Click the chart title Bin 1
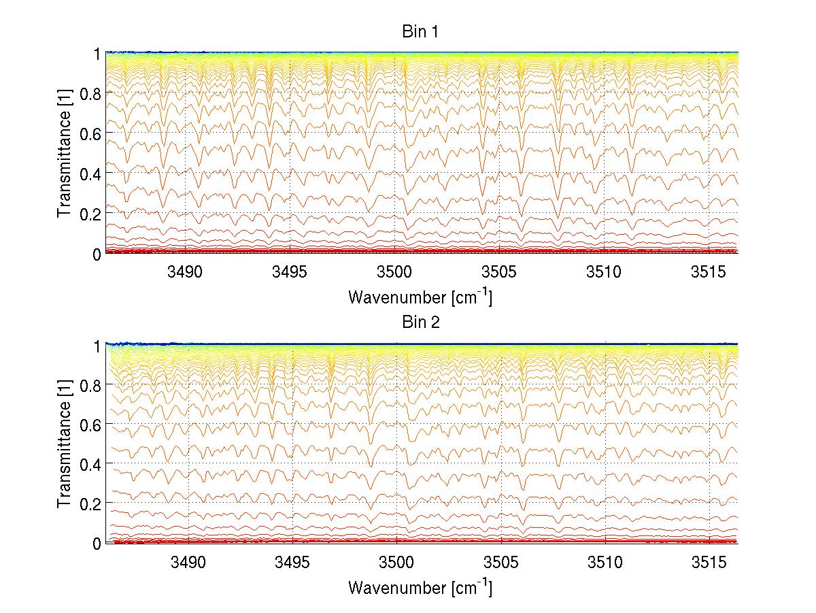(421, 32)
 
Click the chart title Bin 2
(421, 322)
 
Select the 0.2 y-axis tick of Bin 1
(92, 214)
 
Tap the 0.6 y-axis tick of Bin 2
(92, 424)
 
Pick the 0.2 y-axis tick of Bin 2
(92, 503)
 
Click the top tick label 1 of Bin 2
(97, 344)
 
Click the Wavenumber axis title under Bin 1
(420, 297)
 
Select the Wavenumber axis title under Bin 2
(420, 587)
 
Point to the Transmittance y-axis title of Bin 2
(65, 443)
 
